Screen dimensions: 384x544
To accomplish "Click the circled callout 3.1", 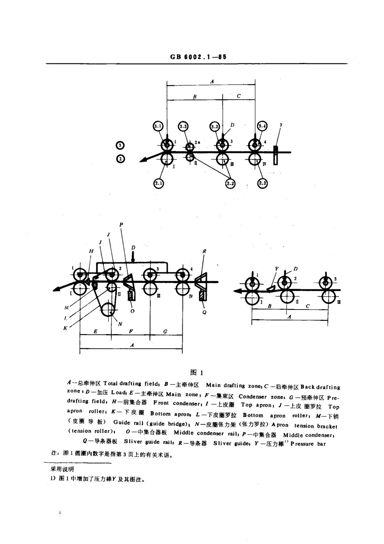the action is pyautogui.click(x=158, y=127).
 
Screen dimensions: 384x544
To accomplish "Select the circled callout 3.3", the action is pyautogui.click(x=183, y=127).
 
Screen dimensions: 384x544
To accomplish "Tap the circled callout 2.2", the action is pyautogui.click(x=230, y=184).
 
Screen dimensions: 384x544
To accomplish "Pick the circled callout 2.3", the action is pyautogui.click(x=262, y=184).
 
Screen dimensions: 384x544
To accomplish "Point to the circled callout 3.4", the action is pyautogui.click(x=262, y=126).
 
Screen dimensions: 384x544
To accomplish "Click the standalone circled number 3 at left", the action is pyautogui.click(x=120, y=146).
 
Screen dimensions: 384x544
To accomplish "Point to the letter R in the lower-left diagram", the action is pyautogui.click(x=205, y=251).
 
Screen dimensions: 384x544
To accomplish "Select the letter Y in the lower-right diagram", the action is pyautogui.click(x=277, y=268).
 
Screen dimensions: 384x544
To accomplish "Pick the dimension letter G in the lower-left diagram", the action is pyautogui.click(x=166, y=331).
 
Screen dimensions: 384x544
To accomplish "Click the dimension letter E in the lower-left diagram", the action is pyautogui.click(x=95, y=331).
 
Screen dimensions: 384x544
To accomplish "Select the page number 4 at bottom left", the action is pyautogui.click(x=59, y=513).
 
